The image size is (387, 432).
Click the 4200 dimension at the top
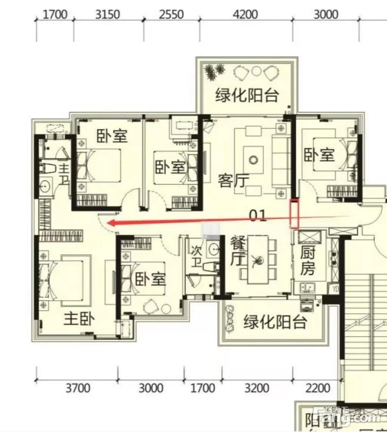pos(245,14)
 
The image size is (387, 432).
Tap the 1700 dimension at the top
pos(55,14)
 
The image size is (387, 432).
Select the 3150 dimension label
pos(107,14)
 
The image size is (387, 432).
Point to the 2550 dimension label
pos(171,14)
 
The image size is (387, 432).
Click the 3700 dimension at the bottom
pos(78,388)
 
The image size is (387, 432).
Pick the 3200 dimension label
pos(257,388)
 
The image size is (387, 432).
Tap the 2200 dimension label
pos(317,388)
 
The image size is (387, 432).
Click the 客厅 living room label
pos(234,181)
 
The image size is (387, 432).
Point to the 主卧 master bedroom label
pos(79,319)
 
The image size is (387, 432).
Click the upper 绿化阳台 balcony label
pos(247,95)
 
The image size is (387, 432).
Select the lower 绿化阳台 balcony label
pos(275,322)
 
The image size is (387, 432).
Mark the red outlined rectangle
pos(294,214)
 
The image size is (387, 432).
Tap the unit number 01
pos(258,216)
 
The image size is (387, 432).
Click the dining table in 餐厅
pos(258,259)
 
